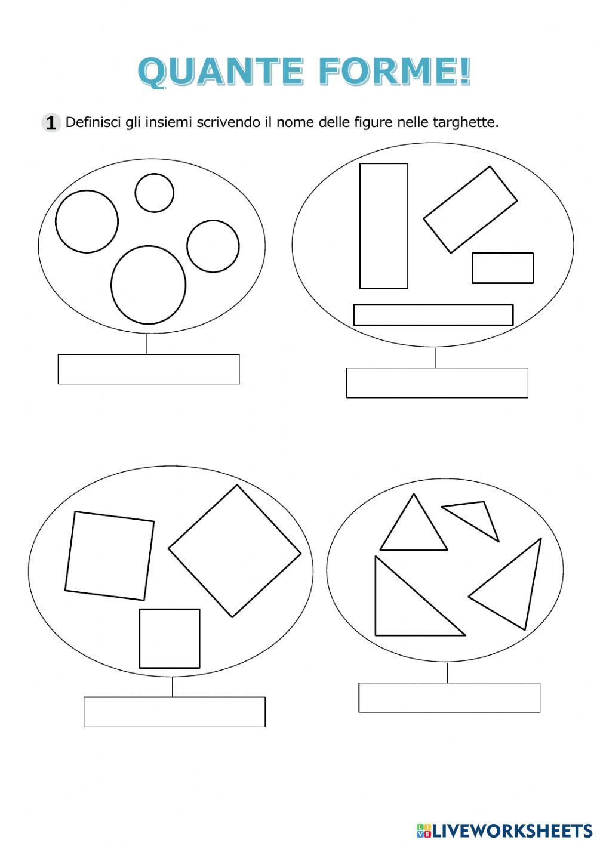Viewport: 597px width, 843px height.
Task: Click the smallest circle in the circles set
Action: [154, 193]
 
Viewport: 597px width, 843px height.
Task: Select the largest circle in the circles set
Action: [149, 285]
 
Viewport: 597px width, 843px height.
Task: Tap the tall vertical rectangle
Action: [383, 226]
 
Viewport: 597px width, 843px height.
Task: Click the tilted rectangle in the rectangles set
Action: [470, 209]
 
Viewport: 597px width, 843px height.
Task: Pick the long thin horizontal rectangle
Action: [433, 315]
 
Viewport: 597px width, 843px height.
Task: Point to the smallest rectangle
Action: [502, 268]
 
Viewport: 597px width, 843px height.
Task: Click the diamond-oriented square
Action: [235, 551]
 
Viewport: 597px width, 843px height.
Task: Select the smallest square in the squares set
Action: [170, 638]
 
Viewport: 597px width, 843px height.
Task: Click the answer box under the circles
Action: [149, 369]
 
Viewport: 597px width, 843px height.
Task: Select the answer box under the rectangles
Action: [437, 382]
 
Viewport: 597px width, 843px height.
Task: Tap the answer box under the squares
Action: [174, 712]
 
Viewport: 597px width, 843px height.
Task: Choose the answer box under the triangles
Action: [449, 697]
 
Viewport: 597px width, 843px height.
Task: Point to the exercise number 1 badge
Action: [51, 123]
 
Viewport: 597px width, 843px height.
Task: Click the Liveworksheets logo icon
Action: [423, 830]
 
